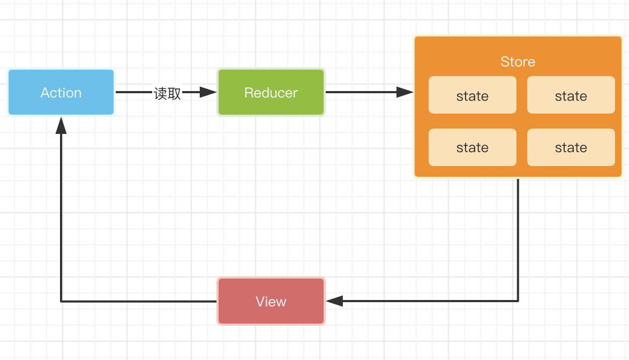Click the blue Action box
61,92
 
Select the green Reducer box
271,92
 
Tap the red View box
271,301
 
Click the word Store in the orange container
518,62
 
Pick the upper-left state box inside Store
472,95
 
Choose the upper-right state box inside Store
571,95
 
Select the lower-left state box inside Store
472,147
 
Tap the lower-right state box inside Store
571,147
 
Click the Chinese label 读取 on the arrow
168,93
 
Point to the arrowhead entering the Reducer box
208,92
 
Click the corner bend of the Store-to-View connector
518,301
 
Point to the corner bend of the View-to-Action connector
61,301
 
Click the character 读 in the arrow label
161,93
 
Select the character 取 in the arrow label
175,93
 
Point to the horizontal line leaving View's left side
139,301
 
